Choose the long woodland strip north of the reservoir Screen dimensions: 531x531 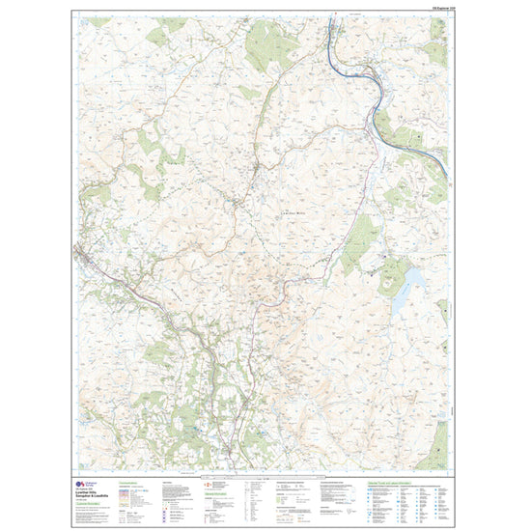(358, 237)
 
